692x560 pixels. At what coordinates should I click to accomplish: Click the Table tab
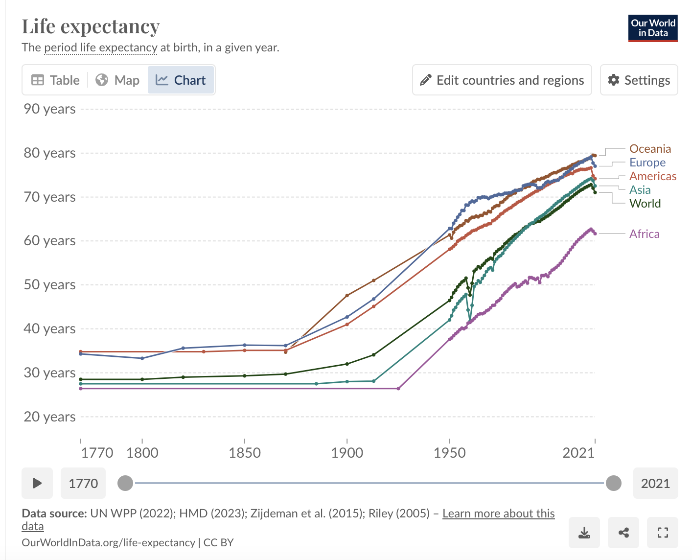tap(55, 80)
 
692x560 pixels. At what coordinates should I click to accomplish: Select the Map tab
tap(117, 80)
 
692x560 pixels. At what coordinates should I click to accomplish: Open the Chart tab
tap(181, 80)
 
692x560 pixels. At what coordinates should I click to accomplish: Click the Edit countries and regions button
tap(502, 80)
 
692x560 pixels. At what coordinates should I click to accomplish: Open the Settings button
tap(639, 80)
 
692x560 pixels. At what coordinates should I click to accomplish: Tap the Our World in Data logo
tap(653, 28)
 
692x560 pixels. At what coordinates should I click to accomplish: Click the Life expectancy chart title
tap(91, 26)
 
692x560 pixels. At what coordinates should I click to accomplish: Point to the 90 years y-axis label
tap(49, 109)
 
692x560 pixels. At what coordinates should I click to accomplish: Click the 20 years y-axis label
tap(49, 417)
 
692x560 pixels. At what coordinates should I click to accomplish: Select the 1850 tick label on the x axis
tap(245, 453)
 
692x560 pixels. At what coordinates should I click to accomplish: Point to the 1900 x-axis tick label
tap(347, 453)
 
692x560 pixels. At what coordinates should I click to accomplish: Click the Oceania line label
tap(650, 149)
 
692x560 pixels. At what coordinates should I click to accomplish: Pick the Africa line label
tap(644, 234)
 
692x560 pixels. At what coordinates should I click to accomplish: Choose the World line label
tap(645, 204)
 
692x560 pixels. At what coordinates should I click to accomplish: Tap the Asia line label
tap(640, 190)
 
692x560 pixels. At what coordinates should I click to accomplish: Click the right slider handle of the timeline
tap(613, 483)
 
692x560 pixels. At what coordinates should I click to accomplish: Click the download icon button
tap(584, 533)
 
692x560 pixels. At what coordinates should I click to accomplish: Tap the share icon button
tap(623, 533)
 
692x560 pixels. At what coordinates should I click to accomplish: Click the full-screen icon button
tap(663, 533)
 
